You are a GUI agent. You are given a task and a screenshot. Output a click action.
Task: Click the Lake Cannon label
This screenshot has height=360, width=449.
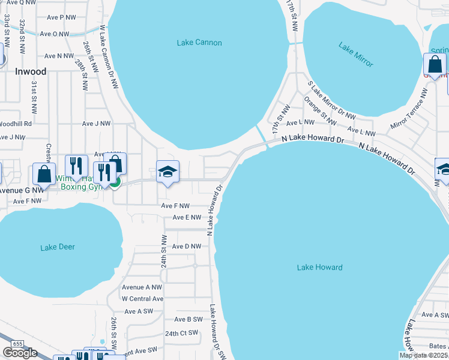tap(199, 43)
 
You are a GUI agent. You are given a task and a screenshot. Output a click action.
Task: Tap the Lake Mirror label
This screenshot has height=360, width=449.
tap(355, 55)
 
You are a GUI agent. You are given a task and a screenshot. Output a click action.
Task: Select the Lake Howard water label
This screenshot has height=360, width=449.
tap(319, 268)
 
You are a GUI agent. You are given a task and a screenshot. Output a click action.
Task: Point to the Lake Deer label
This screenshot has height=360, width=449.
tap(58, 247)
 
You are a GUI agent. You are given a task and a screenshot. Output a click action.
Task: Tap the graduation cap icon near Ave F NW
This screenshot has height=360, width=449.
tap(167, 172)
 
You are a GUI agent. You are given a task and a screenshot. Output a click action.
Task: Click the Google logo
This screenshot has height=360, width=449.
tap(20, 353)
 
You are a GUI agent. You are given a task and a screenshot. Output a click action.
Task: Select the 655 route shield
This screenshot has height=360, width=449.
tap(17, 343)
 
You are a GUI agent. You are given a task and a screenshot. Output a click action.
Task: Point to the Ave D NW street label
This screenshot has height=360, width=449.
tap(186, 247)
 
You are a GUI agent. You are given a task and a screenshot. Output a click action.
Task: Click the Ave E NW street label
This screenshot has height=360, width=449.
tap(187, 218)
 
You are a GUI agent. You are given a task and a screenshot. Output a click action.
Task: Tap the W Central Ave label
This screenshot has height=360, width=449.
tap(142, 299)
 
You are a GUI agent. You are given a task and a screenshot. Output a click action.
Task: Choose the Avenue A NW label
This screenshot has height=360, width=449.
tap(142, 287)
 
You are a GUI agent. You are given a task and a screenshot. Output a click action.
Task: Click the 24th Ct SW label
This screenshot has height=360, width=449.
tap(181, 333)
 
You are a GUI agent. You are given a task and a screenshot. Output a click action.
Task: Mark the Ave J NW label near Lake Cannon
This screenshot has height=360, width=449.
tap(97, 124)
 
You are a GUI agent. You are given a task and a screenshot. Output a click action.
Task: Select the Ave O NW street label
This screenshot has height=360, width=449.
tap(55, 34)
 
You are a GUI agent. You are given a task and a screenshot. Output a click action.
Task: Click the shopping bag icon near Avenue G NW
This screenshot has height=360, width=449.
tap(44, 175)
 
